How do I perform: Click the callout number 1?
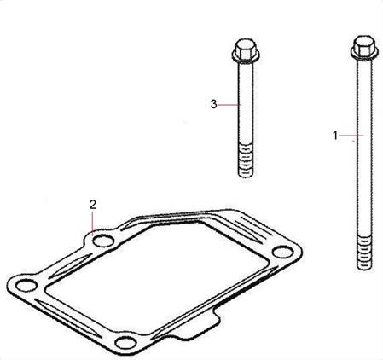point(335,136)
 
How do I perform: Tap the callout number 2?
point(93,205)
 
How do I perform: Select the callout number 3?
point(214,104)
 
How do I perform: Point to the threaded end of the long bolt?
point(364,253)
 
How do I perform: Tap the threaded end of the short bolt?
point(246,160)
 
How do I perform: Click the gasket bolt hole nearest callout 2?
point(103,241)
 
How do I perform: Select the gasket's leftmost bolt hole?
point(26,285)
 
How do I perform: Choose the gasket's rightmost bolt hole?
point(282,252)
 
